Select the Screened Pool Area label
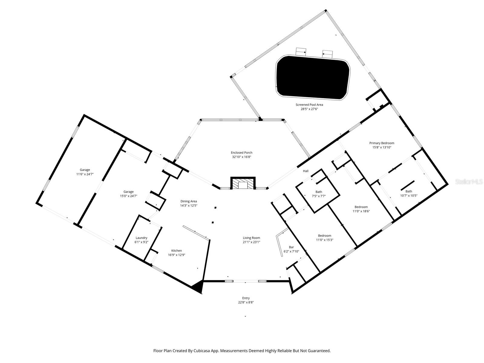(309, 105)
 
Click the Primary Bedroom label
(381, 143)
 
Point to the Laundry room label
(141, 238)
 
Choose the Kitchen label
(176, 250)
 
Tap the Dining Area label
(189, 201)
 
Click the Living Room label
(251, 238)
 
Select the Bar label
(291, 247)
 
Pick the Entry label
(246, 298)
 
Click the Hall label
(306, 171)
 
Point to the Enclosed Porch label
(241, 153)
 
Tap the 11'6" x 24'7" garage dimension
(85, 174)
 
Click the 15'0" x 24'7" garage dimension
(128, 196)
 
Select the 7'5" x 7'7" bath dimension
(319, 196)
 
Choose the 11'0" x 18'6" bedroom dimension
(361, 211)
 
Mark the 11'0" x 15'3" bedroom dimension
(324, 240)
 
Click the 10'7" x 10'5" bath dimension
(409, 195)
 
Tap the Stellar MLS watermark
(469, 181)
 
